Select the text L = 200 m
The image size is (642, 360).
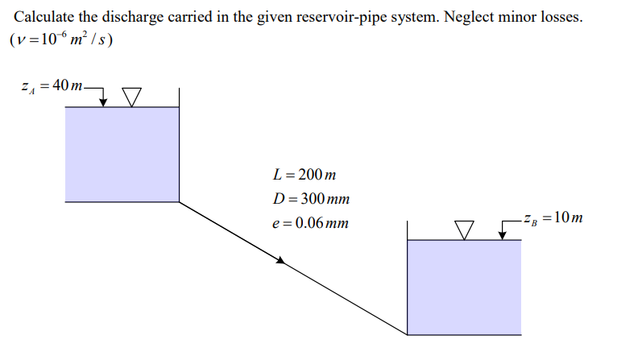(304, 175)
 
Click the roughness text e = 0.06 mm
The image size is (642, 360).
(311, 222)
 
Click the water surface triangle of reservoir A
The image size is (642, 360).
(133, 97)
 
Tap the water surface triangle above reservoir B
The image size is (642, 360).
(464, 230)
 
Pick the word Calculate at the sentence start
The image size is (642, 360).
(43, 17)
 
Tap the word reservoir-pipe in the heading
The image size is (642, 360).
(341, 17)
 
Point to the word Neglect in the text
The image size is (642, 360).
(470, 17)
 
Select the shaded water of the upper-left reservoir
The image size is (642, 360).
(122, 153)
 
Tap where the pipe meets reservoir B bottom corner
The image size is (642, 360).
(408, 333)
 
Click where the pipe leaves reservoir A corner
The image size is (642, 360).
(179, 201)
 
